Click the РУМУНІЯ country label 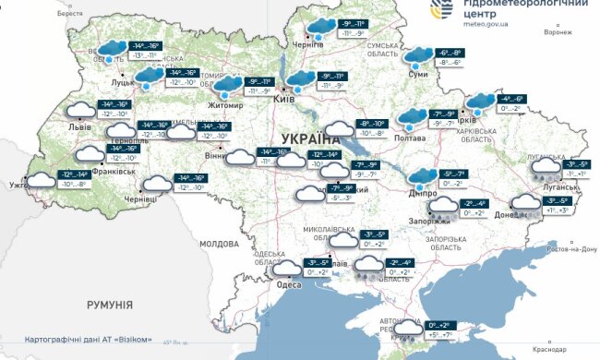109,304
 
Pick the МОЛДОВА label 219,243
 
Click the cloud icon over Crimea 406,329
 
